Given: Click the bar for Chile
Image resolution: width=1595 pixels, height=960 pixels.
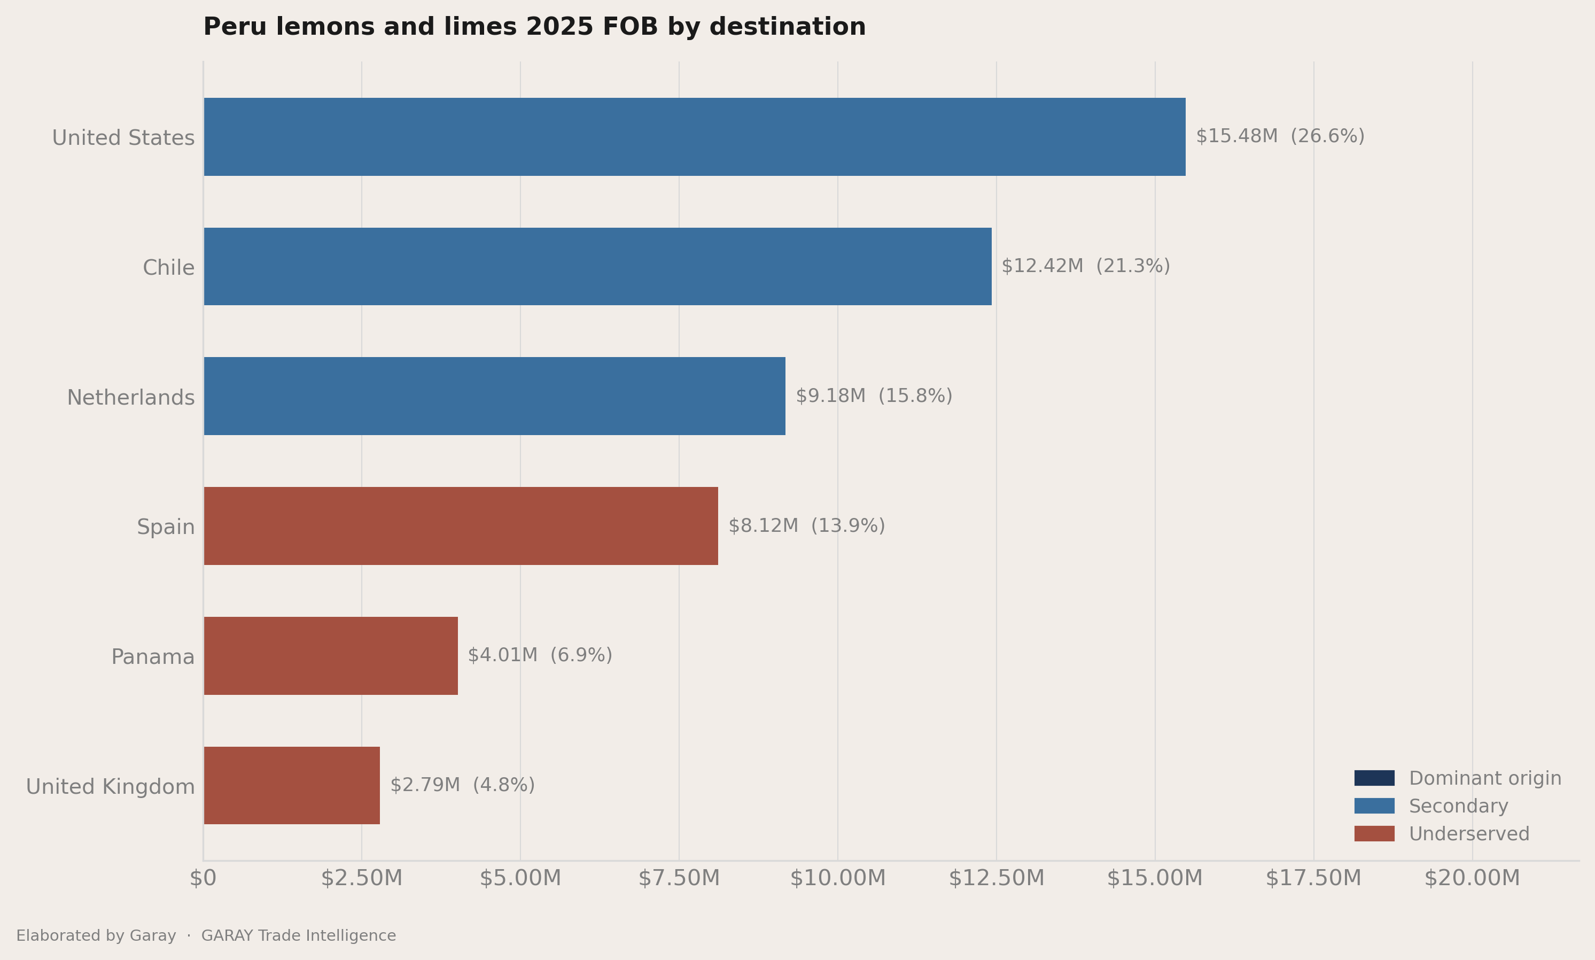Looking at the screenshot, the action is click(x=597, y=267).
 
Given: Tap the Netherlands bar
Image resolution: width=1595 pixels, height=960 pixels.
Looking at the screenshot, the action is click(x=495, y=396).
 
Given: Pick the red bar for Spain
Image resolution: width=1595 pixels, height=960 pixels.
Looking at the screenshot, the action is click(x=461, y=526).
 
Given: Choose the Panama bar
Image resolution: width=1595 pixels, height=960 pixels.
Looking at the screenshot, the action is click(x=330, y=656).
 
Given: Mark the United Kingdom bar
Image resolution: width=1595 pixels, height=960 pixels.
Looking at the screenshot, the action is click(x=292, y=785).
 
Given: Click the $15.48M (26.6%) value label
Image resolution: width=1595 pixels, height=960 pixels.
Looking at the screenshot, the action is click(x=1280, y=136).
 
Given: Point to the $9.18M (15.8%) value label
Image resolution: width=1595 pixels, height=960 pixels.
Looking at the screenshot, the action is click(x=874, y=396).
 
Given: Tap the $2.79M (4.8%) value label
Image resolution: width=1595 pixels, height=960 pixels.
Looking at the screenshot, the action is click(x=462, y=785).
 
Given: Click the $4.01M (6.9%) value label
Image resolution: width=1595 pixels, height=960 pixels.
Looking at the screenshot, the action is click(x=540, y=655).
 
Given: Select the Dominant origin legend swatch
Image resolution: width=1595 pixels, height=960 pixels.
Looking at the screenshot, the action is click(x=1374, y=778).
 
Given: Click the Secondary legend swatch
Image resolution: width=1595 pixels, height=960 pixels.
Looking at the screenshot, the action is click(x=1374, y=806).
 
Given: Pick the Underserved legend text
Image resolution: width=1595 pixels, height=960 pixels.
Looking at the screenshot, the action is click(x=1469, y=834).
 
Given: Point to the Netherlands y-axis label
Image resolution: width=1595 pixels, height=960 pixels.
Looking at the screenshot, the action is click(x=130, y=397).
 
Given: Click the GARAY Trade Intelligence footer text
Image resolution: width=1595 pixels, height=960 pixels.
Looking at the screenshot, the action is click(x=299, y=935).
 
